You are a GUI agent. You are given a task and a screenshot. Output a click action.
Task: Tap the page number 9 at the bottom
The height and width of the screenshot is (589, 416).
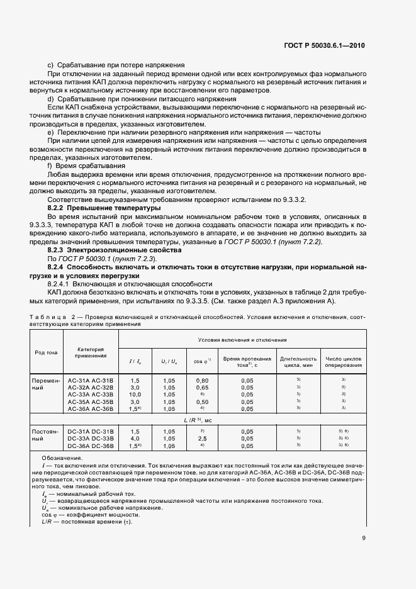click(364, 537)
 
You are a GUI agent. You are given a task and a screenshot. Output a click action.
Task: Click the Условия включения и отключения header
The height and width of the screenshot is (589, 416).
click(242, 340)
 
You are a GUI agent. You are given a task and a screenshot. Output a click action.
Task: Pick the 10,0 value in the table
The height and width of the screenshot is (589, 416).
click(135, 395)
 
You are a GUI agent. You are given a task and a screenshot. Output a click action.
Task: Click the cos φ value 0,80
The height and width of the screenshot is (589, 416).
click(201, 381)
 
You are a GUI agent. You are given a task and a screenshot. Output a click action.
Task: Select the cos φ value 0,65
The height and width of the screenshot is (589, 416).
click(201, 388)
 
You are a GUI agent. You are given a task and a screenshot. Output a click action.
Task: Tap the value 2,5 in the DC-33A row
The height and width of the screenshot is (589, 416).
click(201, 439)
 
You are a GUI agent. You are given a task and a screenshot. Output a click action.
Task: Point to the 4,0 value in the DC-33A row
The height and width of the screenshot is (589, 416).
click(135, 439)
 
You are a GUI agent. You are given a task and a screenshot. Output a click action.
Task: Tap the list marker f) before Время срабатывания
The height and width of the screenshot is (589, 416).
click(50, 165)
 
